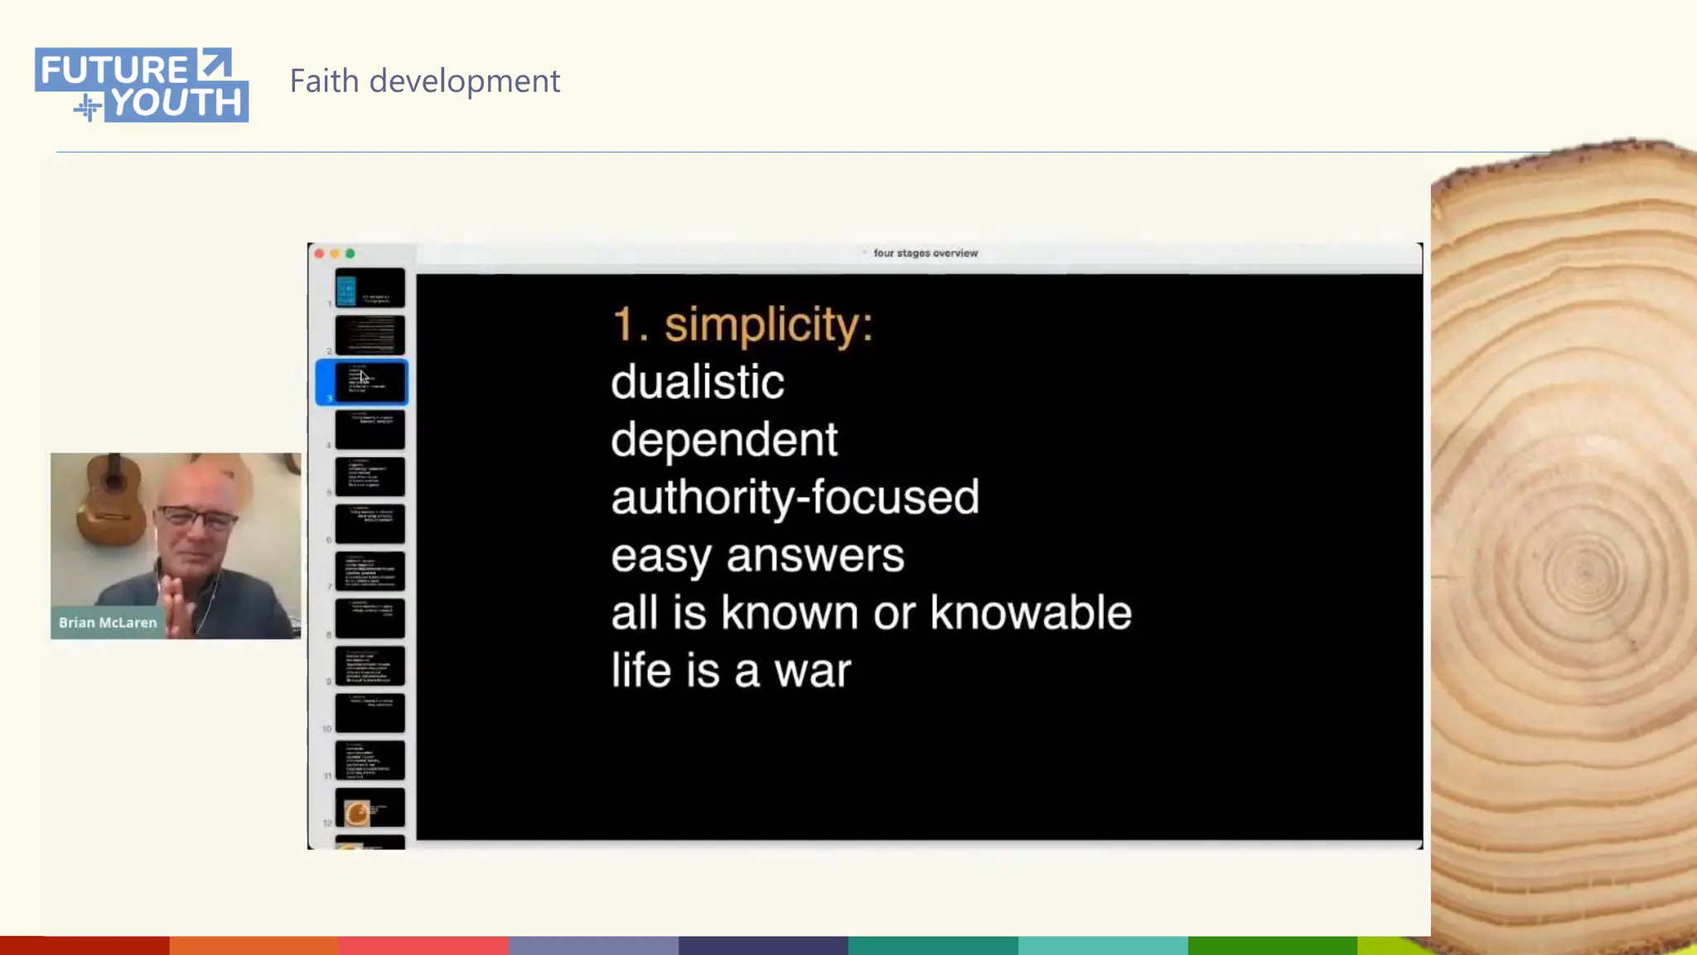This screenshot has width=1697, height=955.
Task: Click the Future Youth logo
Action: coord(142,85)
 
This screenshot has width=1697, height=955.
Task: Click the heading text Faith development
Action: coord(424,81)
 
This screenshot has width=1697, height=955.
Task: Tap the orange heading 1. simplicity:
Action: coord(742,324)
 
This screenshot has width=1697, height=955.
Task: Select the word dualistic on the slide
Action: coord(698,382)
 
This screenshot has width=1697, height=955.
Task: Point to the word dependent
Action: coord(724,439)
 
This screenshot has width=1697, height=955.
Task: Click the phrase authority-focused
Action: coord(795,497)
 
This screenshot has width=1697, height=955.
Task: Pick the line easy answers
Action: coord(757,555)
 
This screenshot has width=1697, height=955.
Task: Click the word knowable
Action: coord(1031,613)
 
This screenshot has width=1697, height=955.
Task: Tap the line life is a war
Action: coord(731,671)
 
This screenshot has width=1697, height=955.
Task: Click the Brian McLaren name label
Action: coord(108,623)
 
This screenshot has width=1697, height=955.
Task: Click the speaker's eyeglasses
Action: coord(197,519)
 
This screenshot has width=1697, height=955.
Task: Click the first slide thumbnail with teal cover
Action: coord(370,288)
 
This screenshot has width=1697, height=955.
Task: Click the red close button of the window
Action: coord(320,254)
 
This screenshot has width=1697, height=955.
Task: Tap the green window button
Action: coord(351,254)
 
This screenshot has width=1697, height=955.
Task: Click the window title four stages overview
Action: coord(925,254)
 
